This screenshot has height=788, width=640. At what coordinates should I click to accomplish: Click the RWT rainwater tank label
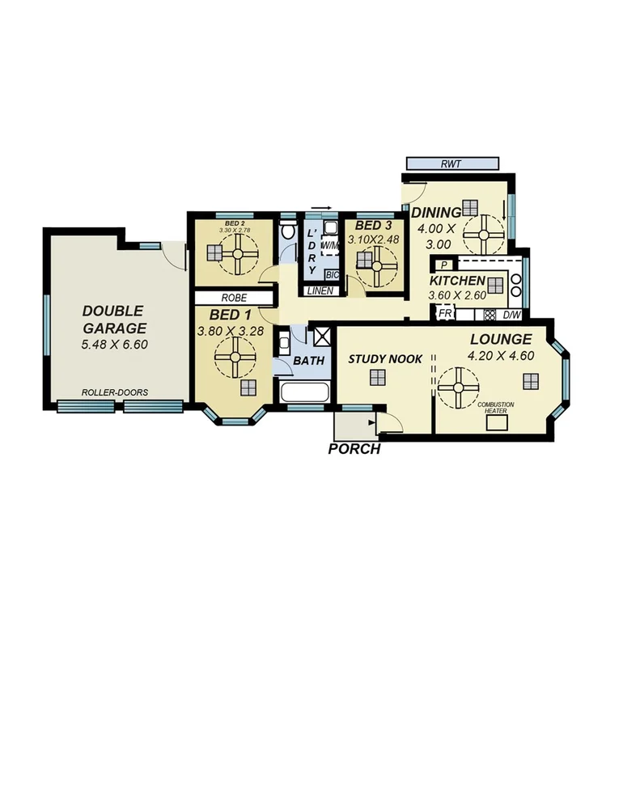(451, 163)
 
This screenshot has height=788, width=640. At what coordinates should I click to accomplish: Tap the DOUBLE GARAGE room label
(113, 320)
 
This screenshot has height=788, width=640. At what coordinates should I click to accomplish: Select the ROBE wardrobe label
(231, 298)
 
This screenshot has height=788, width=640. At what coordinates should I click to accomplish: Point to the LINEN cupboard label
(320, 290)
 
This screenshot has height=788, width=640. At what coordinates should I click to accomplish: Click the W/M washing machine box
(330, 245)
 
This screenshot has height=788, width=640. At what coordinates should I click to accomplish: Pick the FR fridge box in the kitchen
(444, 314)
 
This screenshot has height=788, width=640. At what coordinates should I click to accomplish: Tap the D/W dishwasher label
(511, 315)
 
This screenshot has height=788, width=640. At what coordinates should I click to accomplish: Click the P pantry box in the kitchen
(443, 265)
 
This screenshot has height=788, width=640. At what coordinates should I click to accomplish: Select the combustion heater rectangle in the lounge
(496, 420)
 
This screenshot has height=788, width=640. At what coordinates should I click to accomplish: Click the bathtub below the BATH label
(303, 394)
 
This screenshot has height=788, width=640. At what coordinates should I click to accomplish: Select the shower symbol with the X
(321, 337)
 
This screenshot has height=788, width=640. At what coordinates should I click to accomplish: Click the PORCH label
(354, 449)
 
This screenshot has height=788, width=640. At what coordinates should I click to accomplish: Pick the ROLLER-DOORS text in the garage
(114, 393)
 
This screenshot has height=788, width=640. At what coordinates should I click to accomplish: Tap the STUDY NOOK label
(385, 358)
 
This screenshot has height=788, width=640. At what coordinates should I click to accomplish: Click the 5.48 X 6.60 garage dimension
(114, 345)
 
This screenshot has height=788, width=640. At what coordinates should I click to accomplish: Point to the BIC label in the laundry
(332, 274)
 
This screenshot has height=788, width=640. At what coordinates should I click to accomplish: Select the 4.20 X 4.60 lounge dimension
(499, 357)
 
